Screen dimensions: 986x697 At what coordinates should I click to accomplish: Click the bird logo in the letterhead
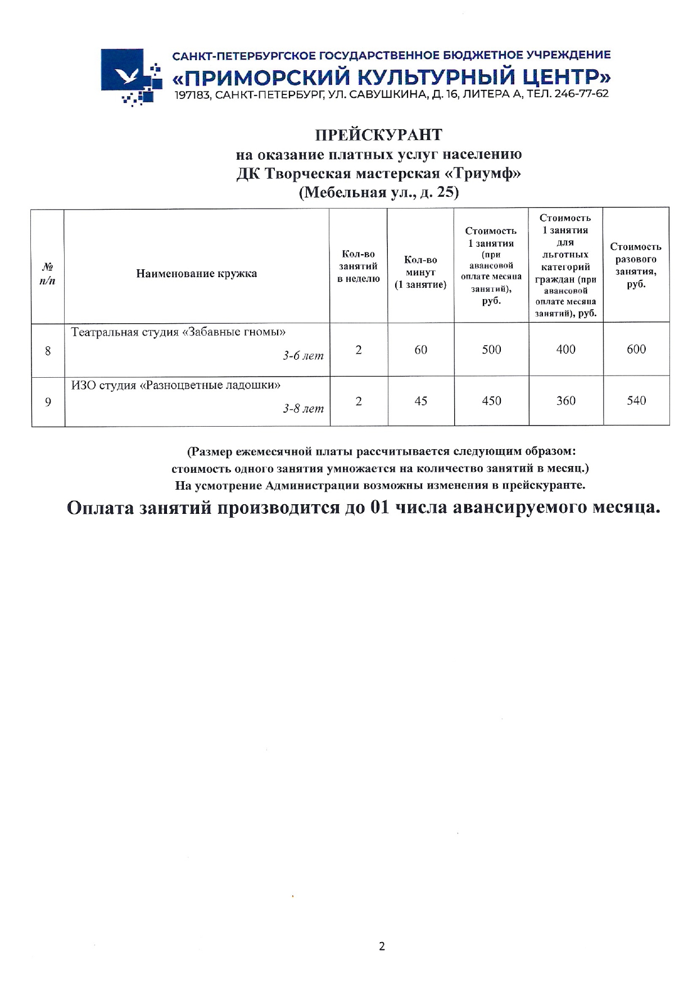129,74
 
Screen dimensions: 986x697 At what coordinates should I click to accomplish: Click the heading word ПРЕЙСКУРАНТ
378,135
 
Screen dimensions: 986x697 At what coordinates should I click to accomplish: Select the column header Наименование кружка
196,274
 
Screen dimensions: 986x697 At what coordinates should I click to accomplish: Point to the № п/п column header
48,273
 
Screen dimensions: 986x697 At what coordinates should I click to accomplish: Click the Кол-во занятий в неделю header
358,267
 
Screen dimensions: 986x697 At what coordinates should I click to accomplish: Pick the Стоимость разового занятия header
636,265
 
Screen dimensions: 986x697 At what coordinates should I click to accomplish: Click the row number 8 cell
48,351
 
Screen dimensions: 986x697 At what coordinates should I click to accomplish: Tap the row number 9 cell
48,402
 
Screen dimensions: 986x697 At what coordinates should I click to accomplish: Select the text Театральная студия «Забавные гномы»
183,332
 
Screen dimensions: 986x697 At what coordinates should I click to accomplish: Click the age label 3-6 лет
303,356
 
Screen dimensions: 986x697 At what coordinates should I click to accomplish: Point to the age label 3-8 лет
303,409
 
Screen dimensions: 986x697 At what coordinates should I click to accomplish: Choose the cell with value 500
491,350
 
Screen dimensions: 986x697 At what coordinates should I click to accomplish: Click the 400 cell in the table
565,350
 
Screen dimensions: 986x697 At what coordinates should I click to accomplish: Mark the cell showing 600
636,350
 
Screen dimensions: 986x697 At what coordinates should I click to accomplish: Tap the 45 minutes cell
420,401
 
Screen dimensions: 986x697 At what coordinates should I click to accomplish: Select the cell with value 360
565,401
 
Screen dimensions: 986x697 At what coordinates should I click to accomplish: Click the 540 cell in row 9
636,401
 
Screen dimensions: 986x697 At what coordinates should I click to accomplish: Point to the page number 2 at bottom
382,947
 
